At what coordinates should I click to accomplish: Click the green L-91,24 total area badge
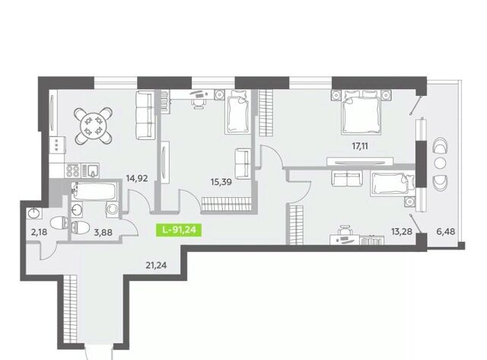point(179,230)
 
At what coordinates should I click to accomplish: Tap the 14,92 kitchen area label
point(137,179)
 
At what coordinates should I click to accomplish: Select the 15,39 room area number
point(221,182)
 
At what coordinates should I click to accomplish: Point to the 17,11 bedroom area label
point(360,146)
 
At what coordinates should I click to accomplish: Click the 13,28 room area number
point(402,231)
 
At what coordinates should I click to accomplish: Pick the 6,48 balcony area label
point(446,231)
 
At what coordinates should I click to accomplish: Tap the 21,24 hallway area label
point(156,266)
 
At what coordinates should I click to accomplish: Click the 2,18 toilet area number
point(39,231)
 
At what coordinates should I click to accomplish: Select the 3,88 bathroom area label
point(103,232)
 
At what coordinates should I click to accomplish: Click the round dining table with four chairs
point(93,126)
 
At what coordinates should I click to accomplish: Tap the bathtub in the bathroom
point(94,191)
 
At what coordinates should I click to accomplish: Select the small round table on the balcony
point(441,162)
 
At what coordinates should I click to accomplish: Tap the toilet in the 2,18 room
point(59,223)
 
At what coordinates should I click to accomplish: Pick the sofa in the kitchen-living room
point(145,115)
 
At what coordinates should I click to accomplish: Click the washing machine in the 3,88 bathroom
point(112,209)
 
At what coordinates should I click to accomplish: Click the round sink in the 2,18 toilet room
point(33,213)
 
